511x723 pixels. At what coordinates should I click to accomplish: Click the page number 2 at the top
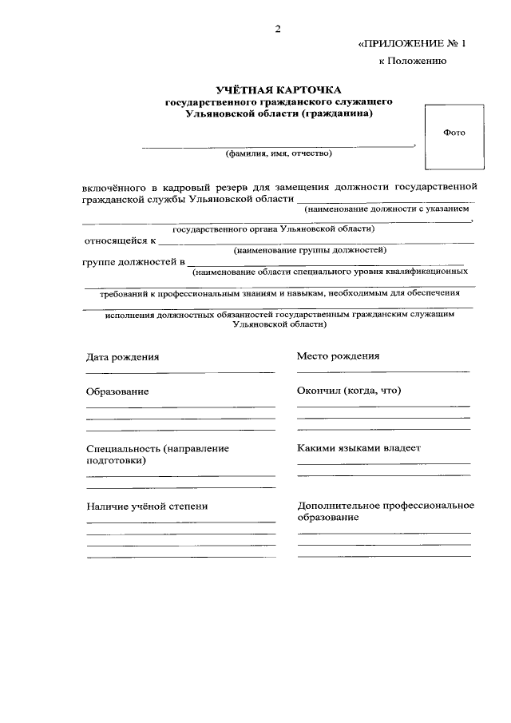click(279, 30)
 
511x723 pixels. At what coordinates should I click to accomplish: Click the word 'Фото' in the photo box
click(454, 133)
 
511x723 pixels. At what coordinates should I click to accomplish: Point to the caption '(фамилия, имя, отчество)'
click(279, 153)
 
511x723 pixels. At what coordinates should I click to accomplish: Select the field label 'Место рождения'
click(338, 356)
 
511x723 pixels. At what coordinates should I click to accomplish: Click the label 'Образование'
click(117, 391)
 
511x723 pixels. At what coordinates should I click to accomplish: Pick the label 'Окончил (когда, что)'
click(349, 391)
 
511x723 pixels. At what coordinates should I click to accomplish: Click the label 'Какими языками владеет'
click(358, 448)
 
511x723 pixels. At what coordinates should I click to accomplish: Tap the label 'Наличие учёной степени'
click(146, 506)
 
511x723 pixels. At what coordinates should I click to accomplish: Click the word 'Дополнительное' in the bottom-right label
click(339, 506)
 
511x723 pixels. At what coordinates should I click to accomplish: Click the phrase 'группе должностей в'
click(133, 261)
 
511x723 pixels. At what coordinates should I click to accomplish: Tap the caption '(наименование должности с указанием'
click(386, 209)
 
